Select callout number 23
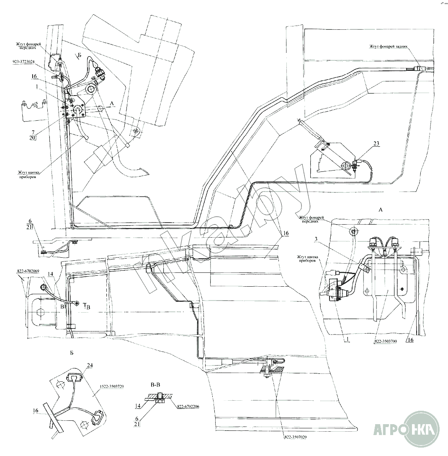376,143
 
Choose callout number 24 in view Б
89,365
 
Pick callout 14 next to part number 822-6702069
50,274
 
